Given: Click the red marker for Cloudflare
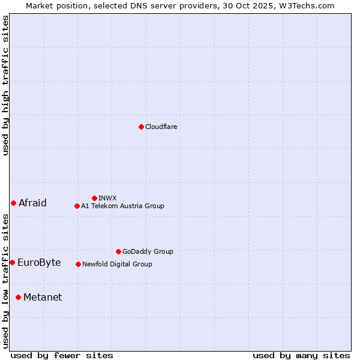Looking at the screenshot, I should click(x=141, y=127).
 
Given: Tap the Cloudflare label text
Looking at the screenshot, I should click(x=161, y=127).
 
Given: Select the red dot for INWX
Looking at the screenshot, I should click(x=94, y=198).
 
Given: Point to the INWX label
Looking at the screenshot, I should click(x=107, y=198).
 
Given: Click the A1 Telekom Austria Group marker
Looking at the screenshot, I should click(x=77, y=206).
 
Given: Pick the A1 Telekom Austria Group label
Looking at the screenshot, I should click(x=122, y=206).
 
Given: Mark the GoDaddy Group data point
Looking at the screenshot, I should click(x=118, y=251).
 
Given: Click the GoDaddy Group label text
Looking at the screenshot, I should click(x=148, y=251).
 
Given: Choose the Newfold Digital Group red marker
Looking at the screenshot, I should click(x=78, y=264).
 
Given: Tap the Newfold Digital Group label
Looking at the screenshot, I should click(x=117, y=264).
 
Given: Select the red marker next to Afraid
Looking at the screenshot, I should click(x=13, y=203).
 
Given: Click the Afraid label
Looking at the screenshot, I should click(x=32, y=203).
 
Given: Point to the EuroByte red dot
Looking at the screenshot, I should click(x=12, y=262).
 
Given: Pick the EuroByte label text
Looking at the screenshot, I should click(x=39, y=262).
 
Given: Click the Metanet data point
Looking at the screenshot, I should click(x=18, y=297).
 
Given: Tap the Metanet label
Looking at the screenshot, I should click(x=43, y=297).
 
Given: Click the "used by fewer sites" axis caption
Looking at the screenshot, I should click(x=62, y=355).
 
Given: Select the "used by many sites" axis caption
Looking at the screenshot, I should click(x=301, y=355).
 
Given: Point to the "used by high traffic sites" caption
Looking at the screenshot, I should click(x=5, y=85).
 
